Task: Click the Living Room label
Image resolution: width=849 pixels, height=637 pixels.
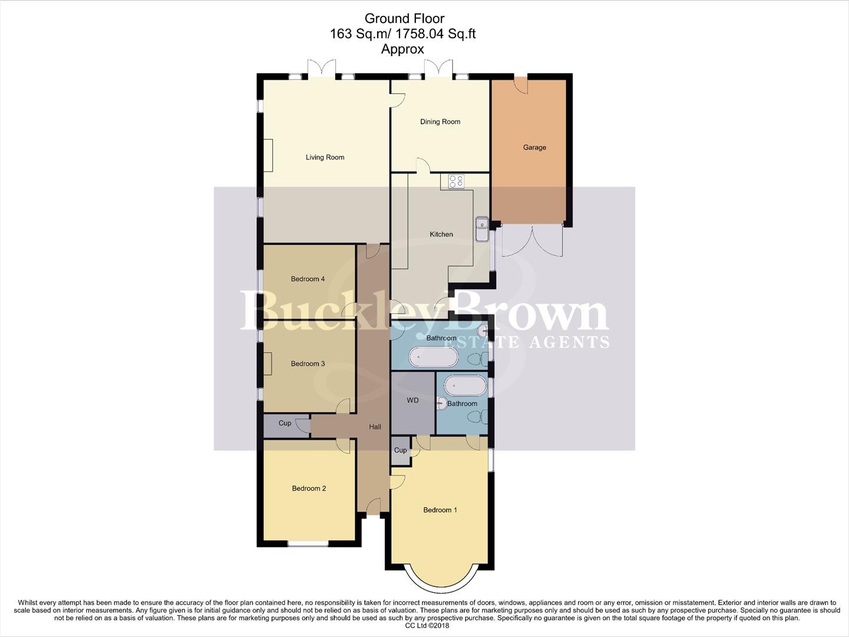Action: tap(325, 157)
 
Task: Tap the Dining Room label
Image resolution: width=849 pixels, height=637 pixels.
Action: tap(440, 122)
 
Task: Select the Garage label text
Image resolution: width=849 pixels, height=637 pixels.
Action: tap(534, 147)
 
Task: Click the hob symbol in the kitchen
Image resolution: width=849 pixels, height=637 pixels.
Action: tap(456, 181)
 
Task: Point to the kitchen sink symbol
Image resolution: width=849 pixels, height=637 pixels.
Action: tap(482, 229)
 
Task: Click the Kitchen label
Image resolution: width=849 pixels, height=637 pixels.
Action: tap(441, 235)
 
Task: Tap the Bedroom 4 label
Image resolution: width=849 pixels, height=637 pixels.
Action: tap(308, 279)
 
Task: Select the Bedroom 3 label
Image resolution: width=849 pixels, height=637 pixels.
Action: tap(308, 364)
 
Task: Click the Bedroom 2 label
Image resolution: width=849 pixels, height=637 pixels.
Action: tap(309, 488)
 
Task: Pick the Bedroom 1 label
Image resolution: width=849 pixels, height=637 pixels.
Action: tap(440, 510)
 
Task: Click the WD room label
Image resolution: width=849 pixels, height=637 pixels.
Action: tap(412, 400)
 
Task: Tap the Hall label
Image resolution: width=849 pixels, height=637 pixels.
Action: tap(375, 427)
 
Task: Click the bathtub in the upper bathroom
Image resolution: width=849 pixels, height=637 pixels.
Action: tap(434, 356)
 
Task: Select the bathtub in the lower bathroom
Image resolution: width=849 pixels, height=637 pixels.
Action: tap(465, 386)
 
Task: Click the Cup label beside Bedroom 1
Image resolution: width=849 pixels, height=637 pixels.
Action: tap(400, 451)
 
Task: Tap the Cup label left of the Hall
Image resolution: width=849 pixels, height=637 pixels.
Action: tap(285, 423)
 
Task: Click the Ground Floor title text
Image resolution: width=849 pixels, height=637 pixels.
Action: tap(404, 19)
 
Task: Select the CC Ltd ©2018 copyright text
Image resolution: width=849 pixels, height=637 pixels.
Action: tap(424, 626)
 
